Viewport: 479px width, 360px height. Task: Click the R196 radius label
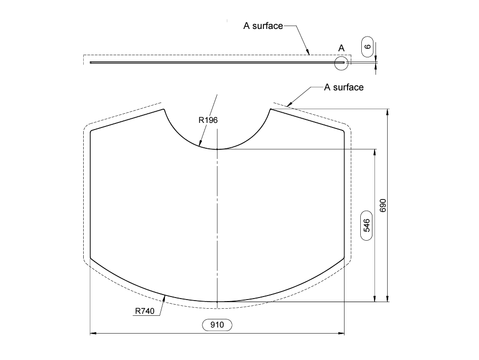coord(208,120)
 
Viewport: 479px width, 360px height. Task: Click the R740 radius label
coord(145,311)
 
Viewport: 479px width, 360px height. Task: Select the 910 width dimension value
coord(217,325)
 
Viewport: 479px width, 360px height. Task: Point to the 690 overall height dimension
coord(383,205)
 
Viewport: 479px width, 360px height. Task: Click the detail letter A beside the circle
coord(341,48)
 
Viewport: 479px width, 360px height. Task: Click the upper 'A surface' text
coord(263,26)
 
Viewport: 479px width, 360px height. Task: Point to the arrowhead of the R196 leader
coord(201,145)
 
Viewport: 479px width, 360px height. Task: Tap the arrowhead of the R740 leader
coord(165,297)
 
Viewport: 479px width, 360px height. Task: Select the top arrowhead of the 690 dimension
coord(388,111)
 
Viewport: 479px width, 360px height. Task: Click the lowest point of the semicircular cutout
coord(217,149)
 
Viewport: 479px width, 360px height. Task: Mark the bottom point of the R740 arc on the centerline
coord(217,302)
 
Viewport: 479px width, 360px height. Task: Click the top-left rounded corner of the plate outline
coord(91,132)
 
